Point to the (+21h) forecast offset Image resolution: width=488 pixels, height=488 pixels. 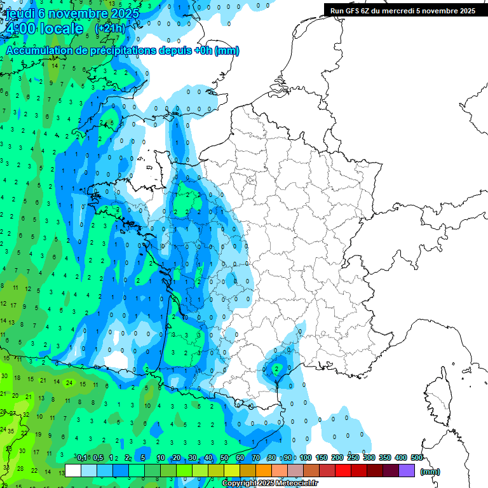coord(109,29)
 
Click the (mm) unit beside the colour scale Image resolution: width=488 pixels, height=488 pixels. coord(430,471)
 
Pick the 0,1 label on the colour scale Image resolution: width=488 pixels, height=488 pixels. coord(82,458)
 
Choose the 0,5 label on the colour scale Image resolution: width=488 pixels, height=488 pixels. coord(98,458)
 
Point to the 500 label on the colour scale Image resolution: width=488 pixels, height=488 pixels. coord(417,458)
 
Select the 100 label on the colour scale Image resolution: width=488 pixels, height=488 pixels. coord(306,458)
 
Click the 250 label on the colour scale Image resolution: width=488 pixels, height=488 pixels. coord(353,458)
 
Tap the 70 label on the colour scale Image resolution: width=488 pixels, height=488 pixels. coord(255,458)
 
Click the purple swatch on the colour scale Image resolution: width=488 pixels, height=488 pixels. coord(407,471)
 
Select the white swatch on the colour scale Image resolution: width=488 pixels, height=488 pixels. coord(73,471)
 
